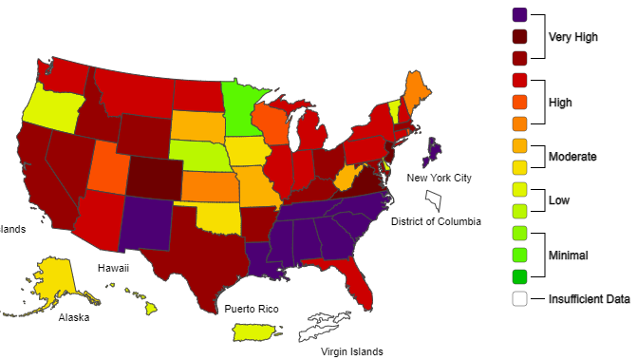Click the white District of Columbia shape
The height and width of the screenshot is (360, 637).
coord(433,200)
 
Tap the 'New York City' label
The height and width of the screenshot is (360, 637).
coord(439,178)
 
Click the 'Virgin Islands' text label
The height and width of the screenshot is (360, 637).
coord(351,351)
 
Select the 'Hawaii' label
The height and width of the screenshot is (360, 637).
coord(113,268)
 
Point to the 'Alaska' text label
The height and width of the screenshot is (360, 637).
coord(73,317)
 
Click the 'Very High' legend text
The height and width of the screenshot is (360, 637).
coord(573,37)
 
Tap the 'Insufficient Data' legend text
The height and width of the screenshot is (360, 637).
coord(589,299)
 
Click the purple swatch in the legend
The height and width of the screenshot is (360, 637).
coord(519,14)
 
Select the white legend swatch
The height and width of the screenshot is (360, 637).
coord(519,299)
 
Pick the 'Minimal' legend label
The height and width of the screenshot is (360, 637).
coord(569,256)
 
